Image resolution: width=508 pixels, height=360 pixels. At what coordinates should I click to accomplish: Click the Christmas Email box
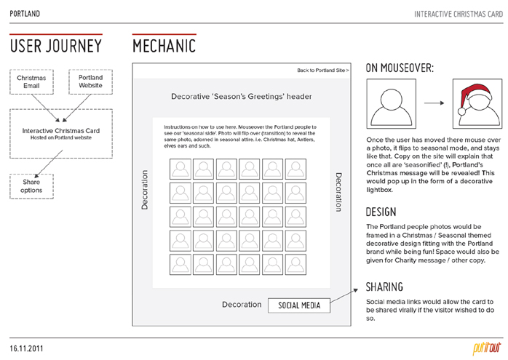(x=31, y=82)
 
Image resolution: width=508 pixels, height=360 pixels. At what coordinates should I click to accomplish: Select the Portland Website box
(x=90, y=82)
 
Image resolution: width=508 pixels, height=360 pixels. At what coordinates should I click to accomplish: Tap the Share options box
(x=31, y=186)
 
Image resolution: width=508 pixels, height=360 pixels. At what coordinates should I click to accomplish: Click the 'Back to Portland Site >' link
(x=323, y=70)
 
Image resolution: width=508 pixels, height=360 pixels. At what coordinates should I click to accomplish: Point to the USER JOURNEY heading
(x=55, y=47)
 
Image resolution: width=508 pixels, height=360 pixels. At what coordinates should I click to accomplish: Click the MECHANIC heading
(x=164, y=47)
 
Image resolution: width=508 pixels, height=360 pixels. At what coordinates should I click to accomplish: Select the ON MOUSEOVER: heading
(x=400, y=68)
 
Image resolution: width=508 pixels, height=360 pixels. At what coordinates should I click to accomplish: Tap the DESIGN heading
(x=381, y=212)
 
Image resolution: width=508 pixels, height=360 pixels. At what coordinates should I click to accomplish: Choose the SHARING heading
(x=385, y=287)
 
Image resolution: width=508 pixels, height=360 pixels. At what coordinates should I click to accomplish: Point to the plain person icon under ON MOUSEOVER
(x=392, y=103)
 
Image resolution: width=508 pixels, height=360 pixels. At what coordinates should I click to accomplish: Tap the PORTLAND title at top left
(x=25, y=14)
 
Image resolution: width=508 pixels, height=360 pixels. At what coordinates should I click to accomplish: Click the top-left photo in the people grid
(x=180, y=169)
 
